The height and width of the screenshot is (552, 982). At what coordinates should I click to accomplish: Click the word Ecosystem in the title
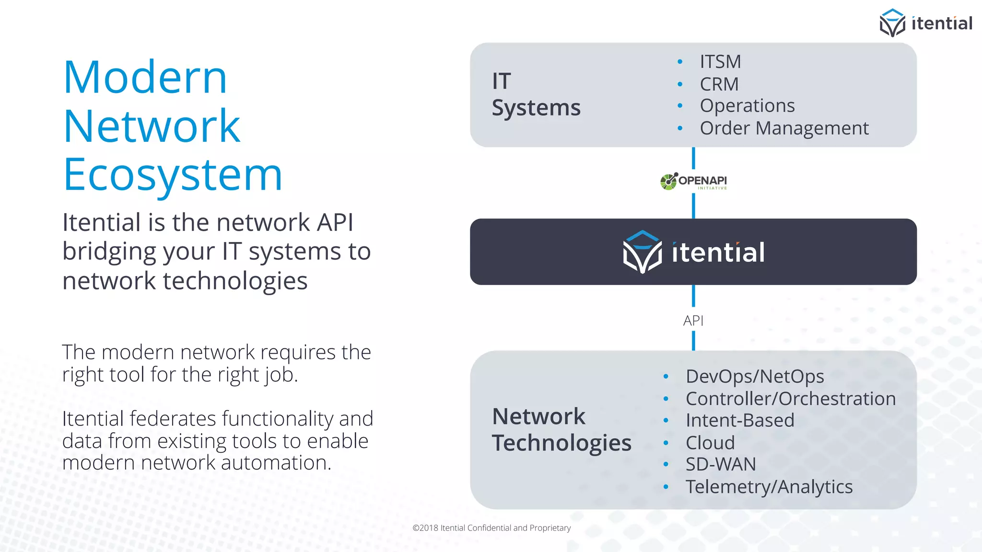pyautogui.click(x=173, y=175)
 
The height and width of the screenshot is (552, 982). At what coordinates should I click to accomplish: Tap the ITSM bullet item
pyautogui.click(x=720, y=62)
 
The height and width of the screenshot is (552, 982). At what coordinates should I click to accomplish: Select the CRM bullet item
pyautogui.click(x=719, y=84)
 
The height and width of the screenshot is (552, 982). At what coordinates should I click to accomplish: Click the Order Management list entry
pyautogui.click(x=784, y=128)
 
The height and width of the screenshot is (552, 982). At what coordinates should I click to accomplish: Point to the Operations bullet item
pyautogui.click(x=747, y=106)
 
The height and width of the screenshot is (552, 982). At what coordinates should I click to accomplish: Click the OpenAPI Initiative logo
pyautogui.click(x=693, y=182)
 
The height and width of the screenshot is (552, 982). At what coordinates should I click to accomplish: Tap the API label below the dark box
pyautogui.click(x=693, y=321)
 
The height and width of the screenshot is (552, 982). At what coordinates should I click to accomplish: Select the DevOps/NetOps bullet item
pyautogui.click(x=755, y=377)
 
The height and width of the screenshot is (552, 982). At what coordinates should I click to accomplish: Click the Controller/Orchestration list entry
pyautogui.click(x=790, y=399)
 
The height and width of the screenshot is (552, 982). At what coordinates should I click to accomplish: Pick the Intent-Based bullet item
pyautogui.click(x=740, y=421)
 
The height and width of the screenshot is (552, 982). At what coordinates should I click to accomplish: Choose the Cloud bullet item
pyautogui.click(x=710, y=443)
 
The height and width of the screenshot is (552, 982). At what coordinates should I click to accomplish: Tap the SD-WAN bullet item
pyautogui.click(x=721, y=464)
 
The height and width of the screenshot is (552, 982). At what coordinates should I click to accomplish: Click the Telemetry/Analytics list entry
pyautogui.click(x=769, y=487)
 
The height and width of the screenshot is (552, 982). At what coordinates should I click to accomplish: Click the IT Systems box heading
pyautogui.click(x=536, y=94)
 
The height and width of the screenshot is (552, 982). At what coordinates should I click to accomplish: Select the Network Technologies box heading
pyautogui.click(x=561, y=430)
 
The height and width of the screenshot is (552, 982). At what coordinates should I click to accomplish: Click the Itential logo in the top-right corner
pyautogui.click(x=925, y=23)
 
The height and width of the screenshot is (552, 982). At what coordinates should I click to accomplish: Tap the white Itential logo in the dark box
pyautogui.click(x=693, y=252)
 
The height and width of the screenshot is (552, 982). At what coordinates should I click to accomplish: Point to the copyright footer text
pyautogui.click(x=491, y=528)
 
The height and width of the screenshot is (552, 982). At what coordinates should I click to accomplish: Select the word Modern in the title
pyautogui.click(x=145, y=78)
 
